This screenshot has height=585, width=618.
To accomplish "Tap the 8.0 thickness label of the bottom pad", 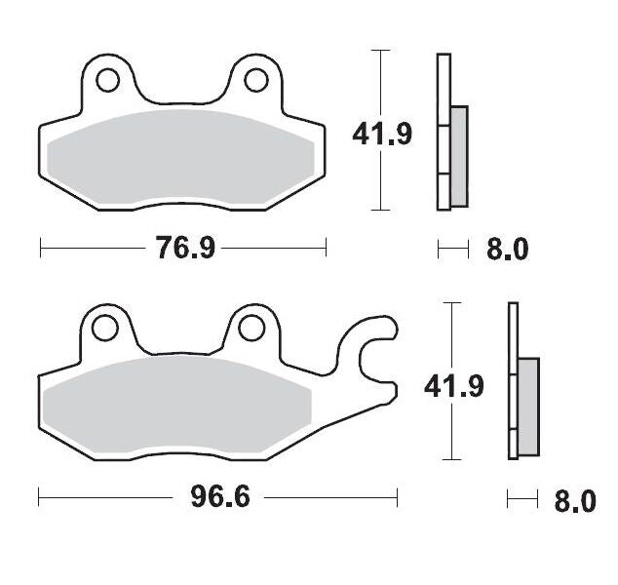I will point(573,502).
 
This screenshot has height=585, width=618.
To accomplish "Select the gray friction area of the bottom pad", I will point(175,405).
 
